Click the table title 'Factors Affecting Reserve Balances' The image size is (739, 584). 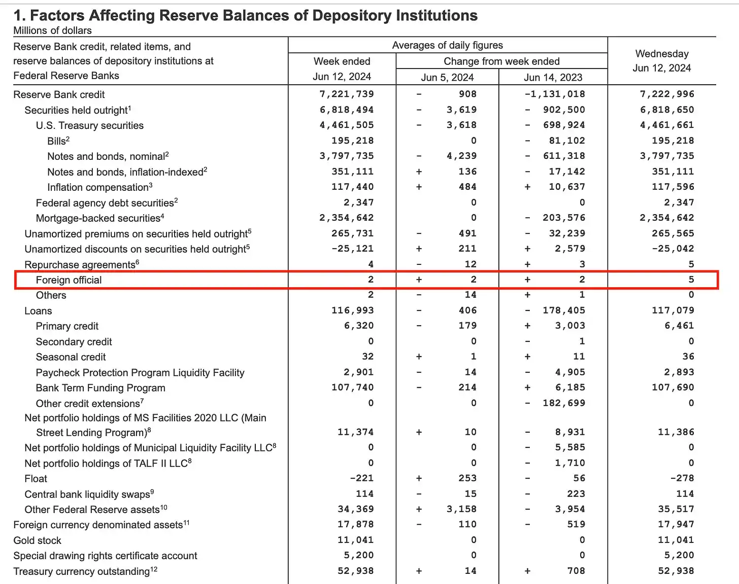(245, 16)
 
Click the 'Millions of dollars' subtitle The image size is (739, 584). (52, 30)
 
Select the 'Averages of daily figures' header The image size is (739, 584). (447, 45)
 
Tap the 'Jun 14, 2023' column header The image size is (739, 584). (553, 77)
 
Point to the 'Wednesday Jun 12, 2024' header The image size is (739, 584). (661, 61)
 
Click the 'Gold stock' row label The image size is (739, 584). (37, 540)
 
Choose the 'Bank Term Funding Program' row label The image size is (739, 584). (100, 388)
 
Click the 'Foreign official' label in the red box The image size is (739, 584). (69, 280)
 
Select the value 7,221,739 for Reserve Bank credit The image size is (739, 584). (347, 94)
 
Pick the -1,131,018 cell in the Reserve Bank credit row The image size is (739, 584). (555, 94)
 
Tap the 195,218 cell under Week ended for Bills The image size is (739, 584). (352, 141)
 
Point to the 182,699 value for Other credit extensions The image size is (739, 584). (563, 403)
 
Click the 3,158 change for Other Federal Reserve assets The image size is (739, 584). (461, 509)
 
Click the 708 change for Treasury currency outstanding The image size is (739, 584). (576, 571)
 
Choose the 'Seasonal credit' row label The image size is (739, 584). (71, 357)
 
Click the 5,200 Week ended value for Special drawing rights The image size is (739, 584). (355, 555)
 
